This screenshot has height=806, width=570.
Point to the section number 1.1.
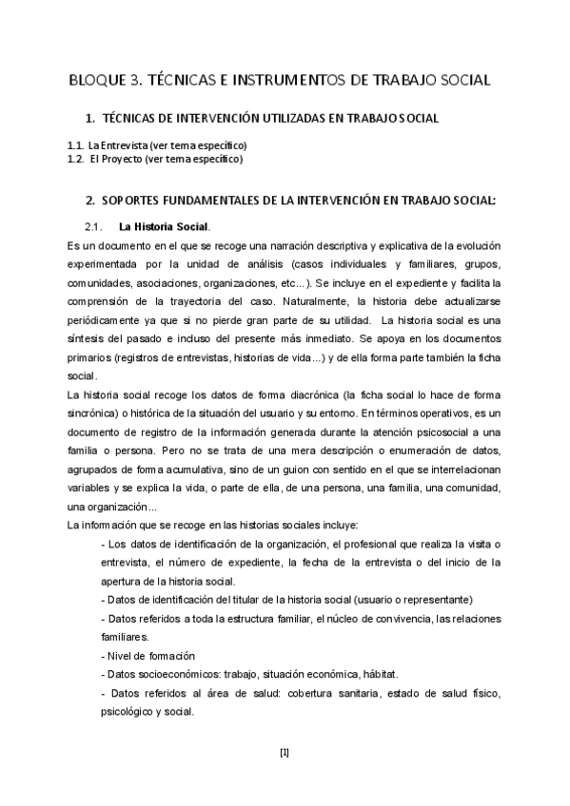pyautogui.click(x=75, y=145)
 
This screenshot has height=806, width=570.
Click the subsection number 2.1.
pyautogui.click(x=92, y=227)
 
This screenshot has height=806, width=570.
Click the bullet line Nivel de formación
pyautogui.click(x=148, y=656)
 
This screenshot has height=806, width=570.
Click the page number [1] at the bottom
pyautogui.click(x=285, y=754)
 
